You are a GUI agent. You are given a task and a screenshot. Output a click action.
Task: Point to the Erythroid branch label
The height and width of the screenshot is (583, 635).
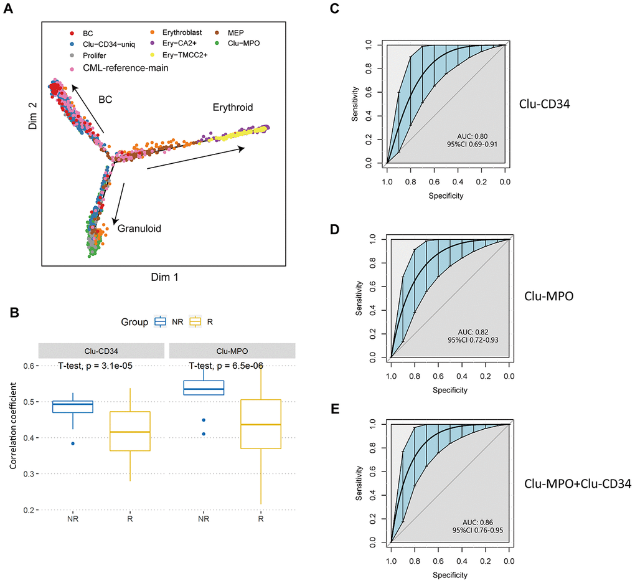tap(232, 107)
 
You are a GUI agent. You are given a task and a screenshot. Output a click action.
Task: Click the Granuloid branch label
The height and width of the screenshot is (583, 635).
tap(140, 229)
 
